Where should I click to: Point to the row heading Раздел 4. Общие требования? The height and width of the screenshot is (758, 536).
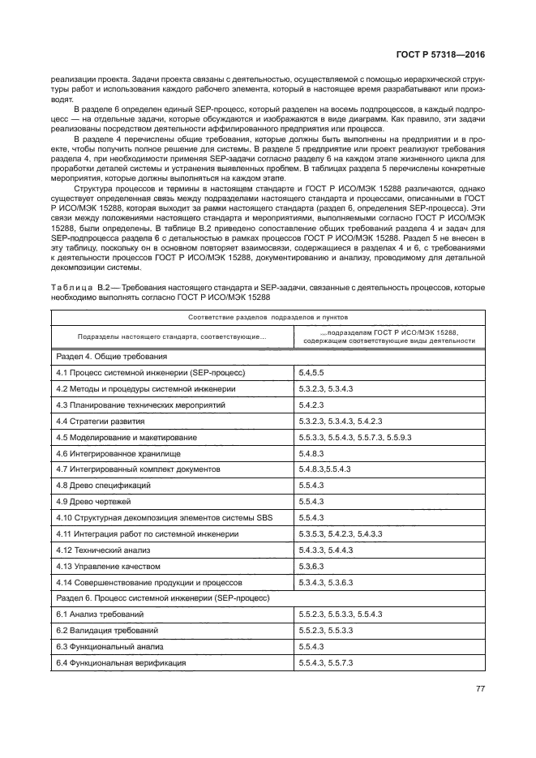click(111, 356)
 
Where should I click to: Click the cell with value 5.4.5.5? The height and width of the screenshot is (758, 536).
click(312, 372)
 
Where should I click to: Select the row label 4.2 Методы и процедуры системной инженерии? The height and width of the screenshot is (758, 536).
click(145, 388)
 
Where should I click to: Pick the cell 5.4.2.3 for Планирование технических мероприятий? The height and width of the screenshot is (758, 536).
click(312, 405)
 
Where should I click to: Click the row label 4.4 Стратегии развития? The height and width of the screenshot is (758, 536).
click(101, 421)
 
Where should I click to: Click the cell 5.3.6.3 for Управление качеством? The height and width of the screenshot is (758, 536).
click(312, 566)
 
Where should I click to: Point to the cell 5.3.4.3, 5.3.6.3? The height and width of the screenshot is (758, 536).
click(329, 582)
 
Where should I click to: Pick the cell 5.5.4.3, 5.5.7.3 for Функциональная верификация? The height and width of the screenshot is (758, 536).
click(329, 662)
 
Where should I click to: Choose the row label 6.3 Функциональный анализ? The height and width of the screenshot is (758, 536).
click(109, 646)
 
